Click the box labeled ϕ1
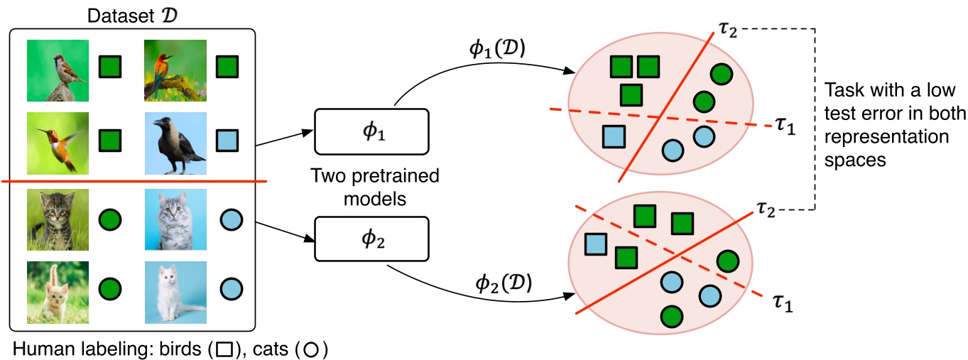[x=372, y=132]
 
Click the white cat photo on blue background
[x=175, y=293]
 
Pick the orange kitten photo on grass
[x=58, y=293]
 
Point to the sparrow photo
[x=58, y=70]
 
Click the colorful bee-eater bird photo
[x=175, y=70]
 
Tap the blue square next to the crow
[x=227, y=138]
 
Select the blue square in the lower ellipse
[x=596, y=246]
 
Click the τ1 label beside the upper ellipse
[x=784, y=129]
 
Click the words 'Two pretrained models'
[x=374, y=187]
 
